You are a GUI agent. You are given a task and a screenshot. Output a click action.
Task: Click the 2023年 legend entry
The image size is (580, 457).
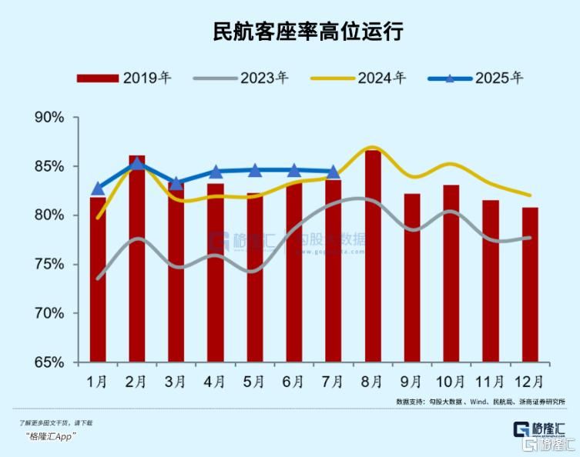(241, 78)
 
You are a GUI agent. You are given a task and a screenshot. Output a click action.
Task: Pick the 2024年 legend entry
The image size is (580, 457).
(358, 78)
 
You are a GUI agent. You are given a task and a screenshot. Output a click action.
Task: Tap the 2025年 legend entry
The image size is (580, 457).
(476, 78)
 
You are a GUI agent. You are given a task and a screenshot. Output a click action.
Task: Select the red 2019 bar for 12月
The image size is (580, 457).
(530, 285)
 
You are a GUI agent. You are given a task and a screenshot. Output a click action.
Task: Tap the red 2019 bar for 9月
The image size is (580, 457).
(412, 278)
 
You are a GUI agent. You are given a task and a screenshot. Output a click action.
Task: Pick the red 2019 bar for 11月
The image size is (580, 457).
(491, 281)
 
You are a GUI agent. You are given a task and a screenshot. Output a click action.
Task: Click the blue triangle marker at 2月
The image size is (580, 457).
(137, 163)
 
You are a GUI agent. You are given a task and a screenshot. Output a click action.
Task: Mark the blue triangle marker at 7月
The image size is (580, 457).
(334, 172)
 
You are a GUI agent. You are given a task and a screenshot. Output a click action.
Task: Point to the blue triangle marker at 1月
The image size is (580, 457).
(98, 188)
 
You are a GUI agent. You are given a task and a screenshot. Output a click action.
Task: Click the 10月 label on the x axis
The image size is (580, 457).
(451, 382)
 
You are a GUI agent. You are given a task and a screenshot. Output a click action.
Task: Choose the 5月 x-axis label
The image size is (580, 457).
(255, 382)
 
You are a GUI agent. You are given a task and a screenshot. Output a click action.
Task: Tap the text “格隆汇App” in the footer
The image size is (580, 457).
(50, 436)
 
